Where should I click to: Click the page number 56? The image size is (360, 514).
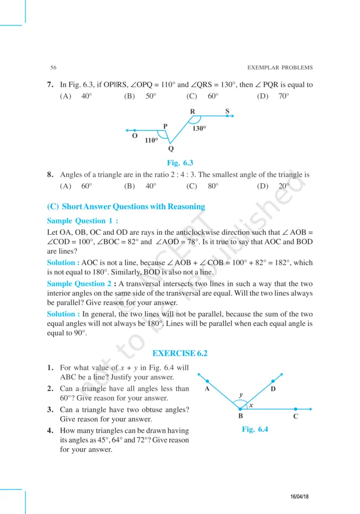click(x=53, y=67)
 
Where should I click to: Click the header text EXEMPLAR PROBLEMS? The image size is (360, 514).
click(x=280, y=67)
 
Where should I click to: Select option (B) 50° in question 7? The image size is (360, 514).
click(x=141, y=96)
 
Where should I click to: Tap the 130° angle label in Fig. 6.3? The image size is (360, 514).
click(x=199, y=128)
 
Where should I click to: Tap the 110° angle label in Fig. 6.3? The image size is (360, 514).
click(x=151, y=141)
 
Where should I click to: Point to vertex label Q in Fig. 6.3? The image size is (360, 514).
click(x=171, y=149)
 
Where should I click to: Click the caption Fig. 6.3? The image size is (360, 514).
click(x=180, y=162)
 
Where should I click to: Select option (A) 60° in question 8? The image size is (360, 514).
click(x=76, y=186)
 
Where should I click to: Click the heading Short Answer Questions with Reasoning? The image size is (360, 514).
click(x=126, y=206)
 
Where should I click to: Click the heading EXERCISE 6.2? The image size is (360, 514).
click(x=180, y=353)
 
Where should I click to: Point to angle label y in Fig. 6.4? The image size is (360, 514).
click(x=241, y=395)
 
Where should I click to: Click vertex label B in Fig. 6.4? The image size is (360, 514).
click(x=241, y=416)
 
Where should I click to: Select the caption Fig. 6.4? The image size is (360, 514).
click(x=255, y=429)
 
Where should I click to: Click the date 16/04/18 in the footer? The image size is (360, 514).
click(x=300, y=496)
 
